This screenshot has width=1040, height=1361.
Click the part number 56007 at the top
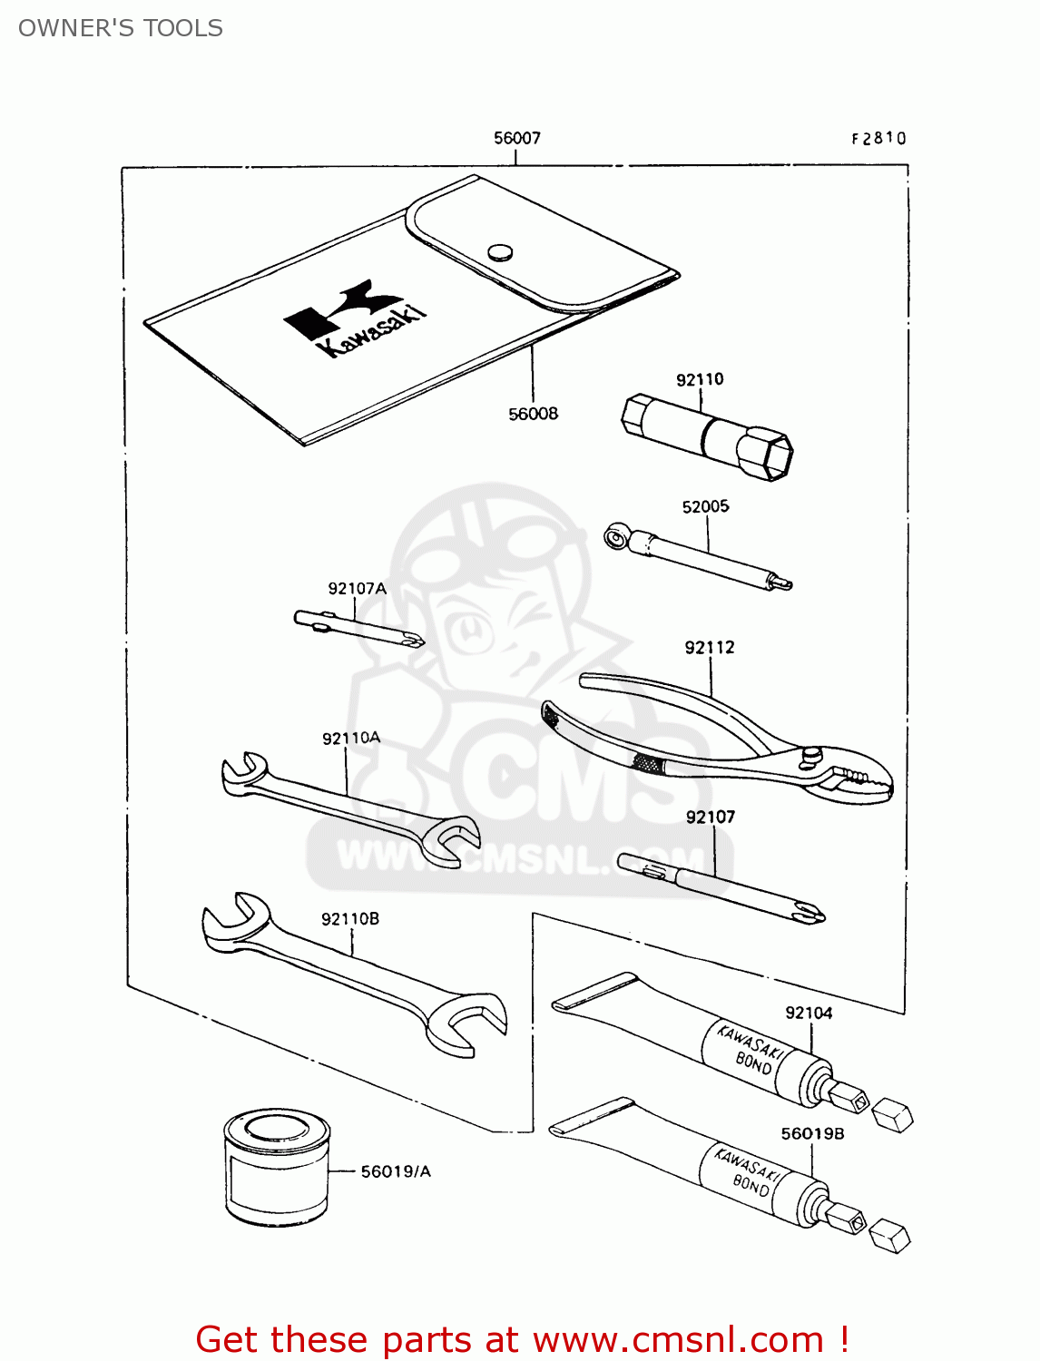click(x=517, y=138)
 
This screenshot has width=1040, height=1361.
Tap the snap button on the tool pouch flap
click(x=500, y=252)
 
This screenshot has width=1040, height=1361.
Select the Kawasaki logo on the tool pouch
click(x=355, y=318)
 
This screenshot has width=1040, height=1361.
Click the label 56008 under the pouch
click(x=534, y=414)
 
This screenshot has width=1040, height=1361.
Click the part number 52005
click(x=705, y=506)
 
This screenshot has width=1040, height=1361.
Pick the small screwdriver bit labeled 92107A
click(x=359, y=629)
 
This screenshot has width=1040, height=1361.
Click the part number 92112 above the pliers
click(x=710, y=647)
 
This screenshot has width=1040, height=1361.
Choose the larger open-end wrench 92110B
click(x=354, y=974)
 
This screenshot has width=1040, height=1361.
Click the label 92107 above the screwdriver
click(x=711, y=817)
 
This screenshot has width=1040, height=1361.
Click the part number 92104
click(x=809, y=1013)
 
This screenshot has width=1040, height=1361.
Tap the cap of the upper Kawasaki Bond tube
click(x=892, y=1115)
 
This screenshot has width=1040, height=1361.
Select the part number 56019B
click(x=812, y=1133)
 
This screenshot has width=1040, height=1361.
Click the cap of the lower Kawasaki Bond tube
click(x=889, y=1236)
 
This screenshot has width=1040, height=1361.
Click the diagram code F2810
click(x=878, y=138)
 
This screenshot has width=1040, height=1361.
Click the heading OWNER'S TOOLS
click(x=121, y=28)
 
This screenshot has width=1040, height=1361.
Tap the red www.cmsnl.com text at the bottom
click(x=677, y=1339)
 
